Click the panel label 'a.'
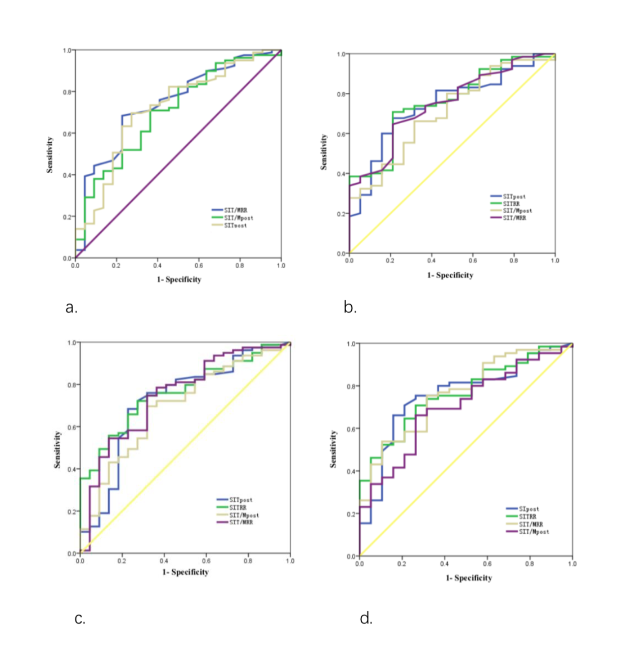tap(71, 308)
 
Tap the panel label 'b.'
tap(350, 308)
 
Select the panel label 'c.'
tap(80, 619)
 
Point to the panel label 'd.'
tap(366, 619)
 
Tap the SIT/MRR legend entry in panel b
tap(514, 218)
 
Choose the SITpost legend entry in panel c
tap(241, 500)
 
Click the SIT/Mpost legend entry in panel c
tap(244, 515)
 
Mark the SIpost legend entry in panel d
tap(528, 509)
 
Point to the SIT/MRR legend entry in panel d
tap(531, 524)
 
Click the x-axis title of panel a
tap(179, 280)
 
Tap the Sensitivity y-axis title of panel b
tap(324, 152)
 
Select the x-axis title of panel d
tap(469, 578)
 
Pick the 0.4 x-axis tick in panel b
tap(431, 261)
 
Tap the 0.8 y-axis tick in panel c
tap(72, 385)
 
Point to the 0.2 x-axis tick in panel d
tap(402, 564)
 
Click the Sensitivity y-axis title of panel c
tap(57, 450)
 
